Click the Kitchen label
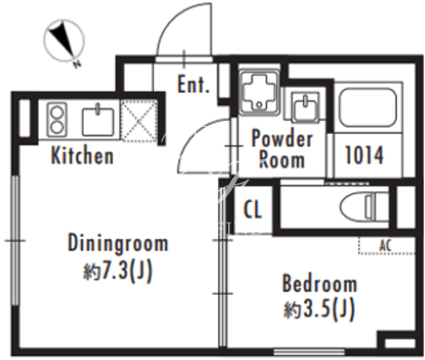coord(82,156)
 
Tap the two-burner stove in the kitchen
coord(57,119)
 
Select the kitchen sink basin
coord(97,121)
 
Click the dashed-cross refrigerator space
coord(139,120)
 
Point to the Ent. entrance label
coord(193,85)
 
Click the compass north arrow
coord(62,38)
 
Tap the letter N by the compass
coord(77,64)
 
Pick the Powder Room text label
coord(282,148)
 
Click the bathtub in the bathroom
coord(367,105)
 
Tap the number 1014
coord(364,155)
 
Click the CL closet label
coord(252,209)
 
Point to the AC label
coord(385,246)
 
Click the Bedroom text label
coord(320,283)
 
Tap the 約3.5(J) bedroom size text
coord(319,309)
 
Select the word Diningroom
coord(118,243)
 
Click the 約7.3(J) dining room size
coord(118,271)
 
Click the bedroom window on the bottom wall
coord(309,351)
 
